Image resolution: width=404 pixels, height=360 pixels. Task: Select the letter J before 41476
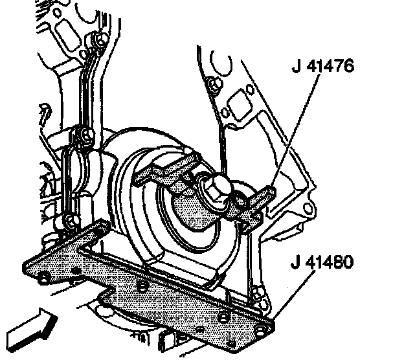coord(297,67)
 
